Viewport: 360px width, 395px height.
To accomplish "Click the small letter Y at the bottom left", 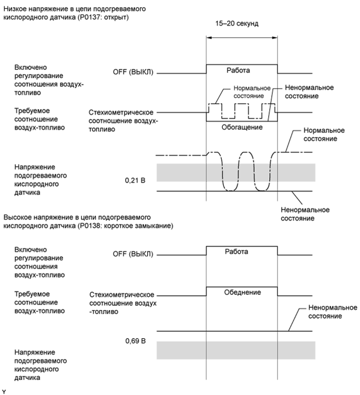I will coord(4,391).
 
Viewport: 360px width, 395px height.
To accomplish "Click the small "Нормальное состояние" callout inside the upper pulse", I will coord(248,92).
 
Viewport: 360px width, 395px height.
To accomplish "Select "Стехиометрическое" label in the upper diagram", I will coord(121,112).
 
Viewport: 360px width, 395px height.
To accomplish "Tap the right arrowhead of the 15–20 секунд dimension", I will coord(274,37).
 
